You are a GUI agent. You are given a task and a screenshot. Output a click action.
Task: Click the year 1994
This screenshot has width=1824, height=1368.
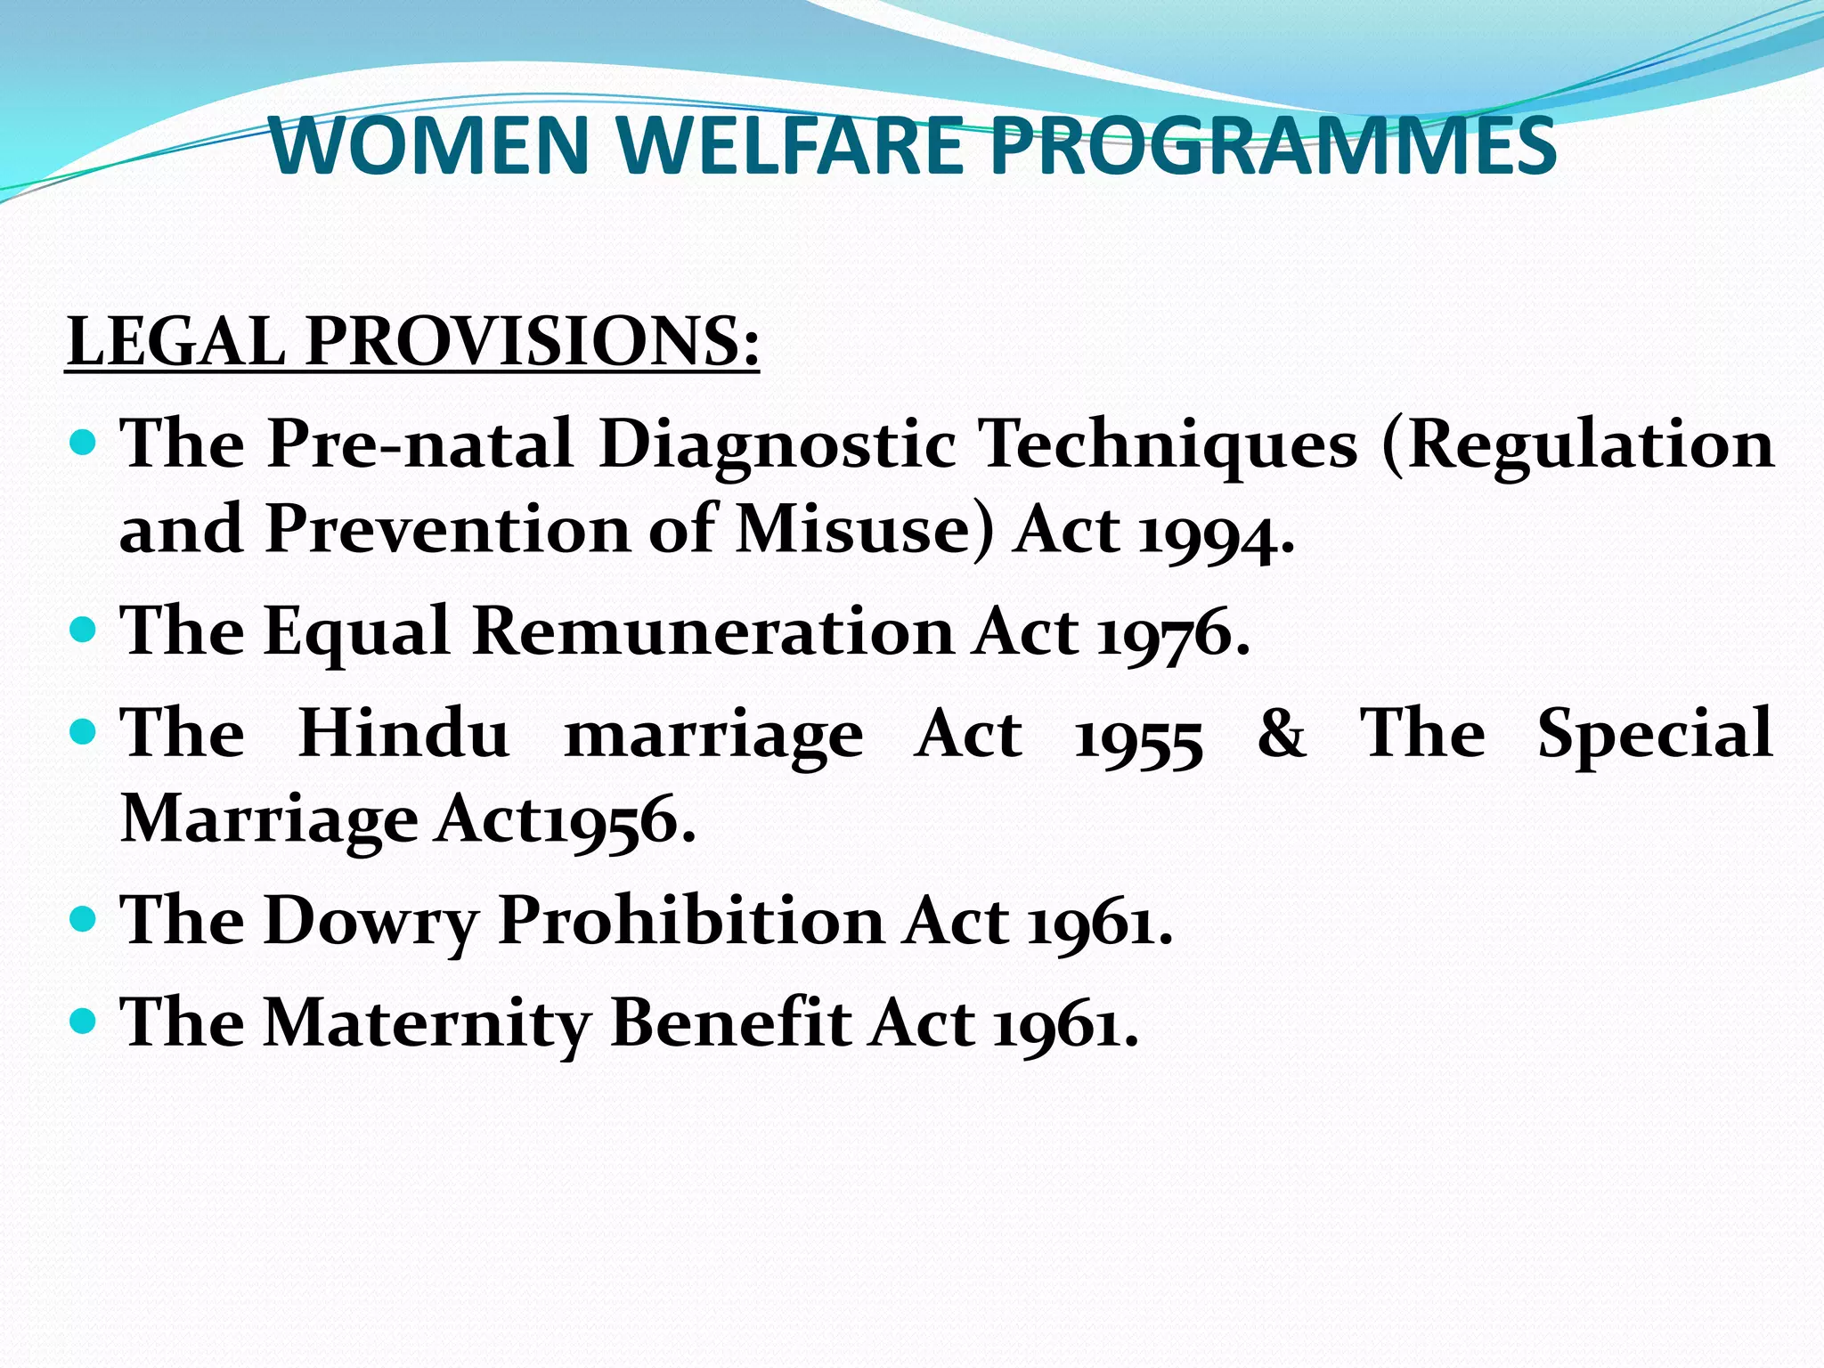tap(1211, 533)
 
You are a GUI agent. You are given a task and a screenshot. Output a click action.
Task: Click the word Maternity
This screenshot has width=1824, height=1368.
tap(427, 1023)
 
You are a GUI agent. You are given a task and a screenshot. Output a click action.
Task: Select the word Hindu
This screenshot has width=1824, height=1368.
tap(403, 734)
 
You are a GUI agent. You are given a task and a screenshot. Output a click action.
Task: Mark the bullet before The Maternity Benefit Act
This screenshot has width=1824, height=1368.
tap(82, 1021)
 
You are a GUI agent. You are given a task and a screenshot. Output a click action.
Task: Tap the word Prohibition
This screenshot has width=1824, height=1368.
tap(691, 921)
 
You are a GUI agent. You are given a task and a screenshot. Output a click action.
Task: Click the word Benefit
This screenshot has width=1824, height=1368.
tap(730, 1023)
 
